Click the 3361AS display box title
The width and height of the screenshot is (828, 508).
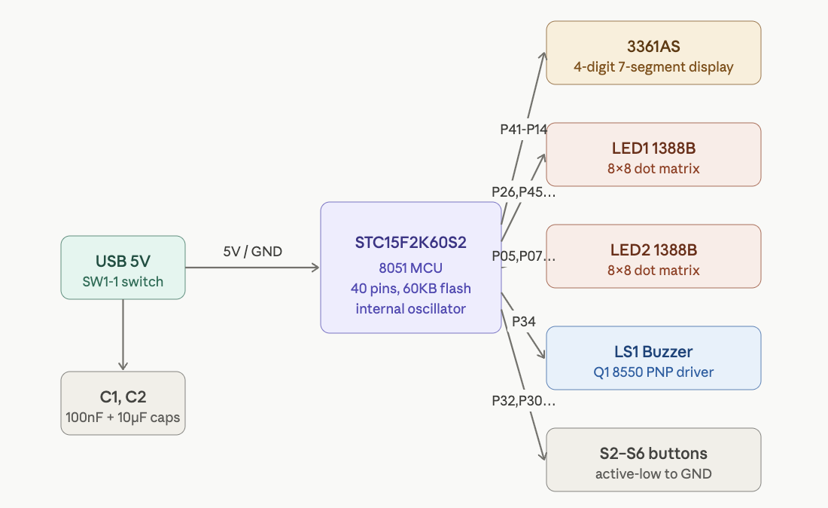pyautogui.click(x=653, y=45)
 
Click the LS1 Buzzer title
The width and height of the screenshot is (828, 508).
pyautogui.click(x=653, y=351)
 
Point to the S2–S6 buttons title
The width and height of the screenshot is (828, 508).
pyautogui.click(x=653, y=453)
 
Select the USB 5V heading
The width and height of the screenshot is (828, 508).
pyautogui.click(x=123, y=262)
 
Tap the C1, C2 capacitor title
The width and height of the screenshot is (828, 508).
pyautogui.click(x=123, y=396)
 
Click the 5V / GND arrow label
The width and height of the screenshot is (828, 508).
pyautogui.click(x=253, y=252)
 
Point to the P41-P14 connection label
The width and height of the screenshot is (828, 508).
pyautogui.click(x=524, y=129)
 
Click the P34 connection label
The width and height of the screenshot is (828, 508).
pyautogui.click(x=524, y=322)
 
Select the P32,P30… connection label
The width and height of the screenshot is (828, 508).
pyautogui.click(x=524, y=401)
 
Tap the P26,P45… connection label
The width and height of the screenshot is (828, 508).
pyautogui.click(x=524, y=192)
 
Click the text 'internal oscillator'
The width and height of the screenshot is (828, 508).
pyautogui.click(x=411, y=308)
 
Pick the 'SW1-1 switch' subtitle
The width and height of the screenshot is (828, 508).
pyautogui.click(x=123, y=282)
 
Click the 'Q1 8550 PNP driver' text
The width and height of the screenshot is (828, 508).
pyautogui.click(x=653, y=372)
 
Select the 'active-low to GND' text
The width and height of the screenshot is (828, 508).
pyautogui.click(x=653, y=474)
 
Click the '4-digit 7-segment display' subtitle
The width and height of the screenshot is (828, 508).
pyautogui.click(x=653, y=66)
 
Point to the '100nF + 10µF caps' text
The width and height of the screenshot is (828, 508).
pyautogui.click(x=123, y=417)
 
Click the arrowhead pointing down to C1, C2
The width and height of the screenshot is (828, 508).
pyautogui.click(x=123, y=366)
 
